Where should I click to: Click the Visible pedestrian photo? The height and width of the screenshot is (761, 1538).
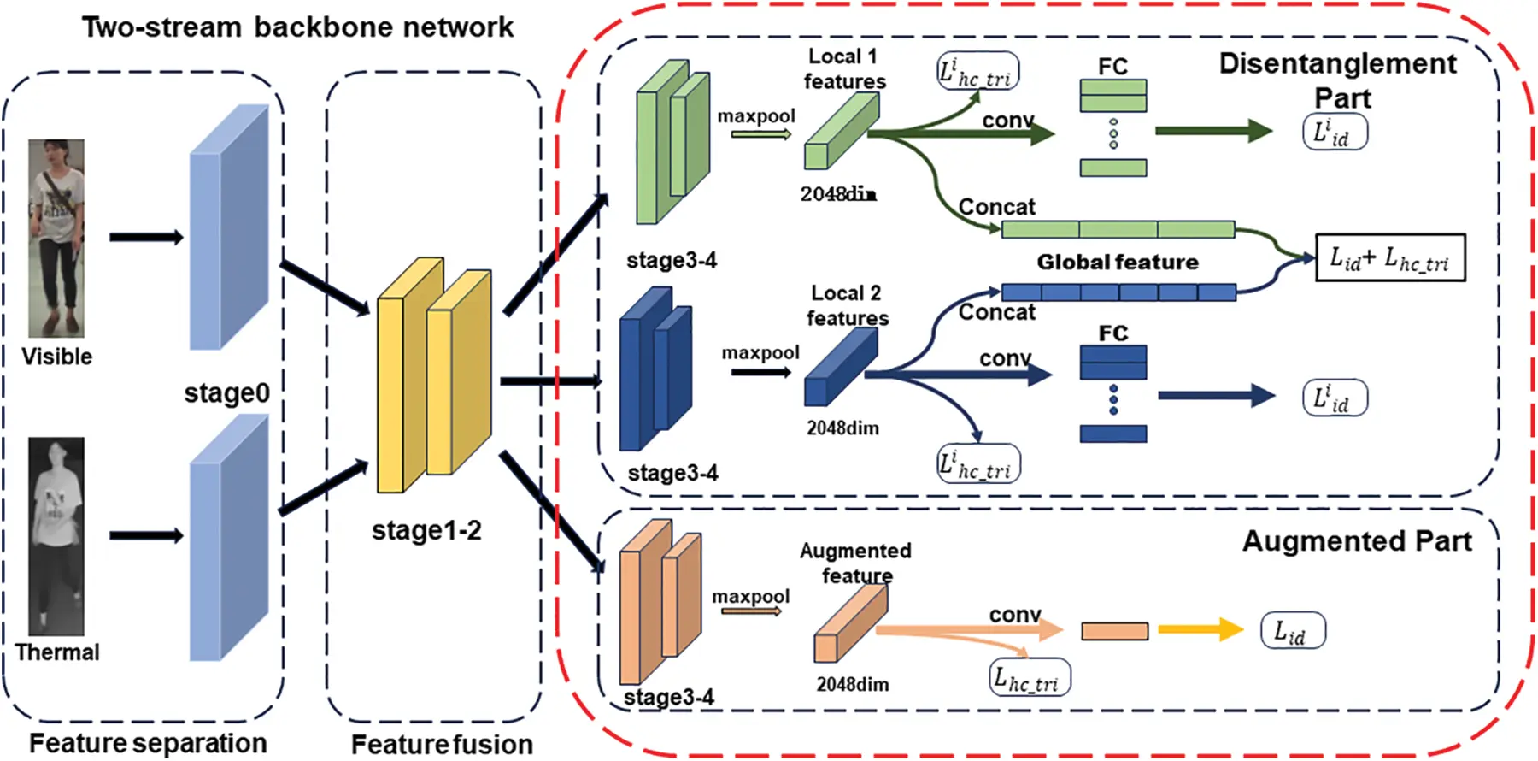(x=56, y=238)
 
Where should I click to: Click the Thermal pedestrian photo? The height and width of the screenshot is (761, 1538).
(x=56, y=536)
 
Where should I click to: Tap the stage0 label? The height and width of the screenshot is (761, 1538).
(x=226, y=393)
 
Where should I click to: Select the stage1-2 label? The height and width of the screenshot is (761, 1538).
(x=426, y=531)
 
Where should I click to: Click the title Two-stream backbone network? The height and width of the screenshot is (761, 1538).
(x=297, y=27)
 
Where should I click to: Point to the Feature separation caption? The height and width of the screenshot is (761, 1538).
(x=148, y=743)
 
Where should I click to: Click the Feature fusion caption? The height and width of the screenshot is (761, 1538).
(x=442, y=744)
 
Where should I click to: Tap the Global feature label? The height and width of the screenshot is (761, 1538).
(x=1118, y=262)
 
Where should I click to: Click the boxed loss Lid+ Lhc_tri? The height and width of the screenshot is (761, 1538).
(x=1390, y=258)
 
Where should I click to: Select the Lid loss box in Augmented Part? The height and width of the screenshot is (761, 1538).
(x=1293, y=631)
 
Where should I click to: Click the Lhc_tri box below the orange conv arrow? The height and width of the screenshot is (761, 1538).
(x=1030, y=677)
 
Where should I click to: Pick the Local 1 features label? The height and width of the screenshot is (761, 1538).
(x=844, y=69)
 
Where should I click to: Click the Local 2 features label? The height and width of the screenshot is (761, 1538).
(x=847, y=306)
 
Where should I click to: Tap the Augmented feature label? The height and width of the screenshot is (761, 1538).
(x=856, y=563)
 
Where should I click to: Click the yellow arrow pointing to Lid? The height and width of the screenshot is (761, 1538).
(x=1200, y=630)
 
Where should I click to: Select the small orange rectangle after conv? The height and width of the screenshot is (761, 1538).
(x=1115, y=632)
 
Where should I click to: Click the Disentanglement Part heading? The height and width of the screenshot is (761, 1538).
(x=1338, y=80)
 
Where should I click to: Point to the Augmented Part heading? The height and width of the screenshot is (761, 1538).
(x=1357, y=541)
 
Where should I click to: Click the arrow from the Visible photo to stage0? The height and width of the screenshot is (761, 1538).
(x=146, y=237)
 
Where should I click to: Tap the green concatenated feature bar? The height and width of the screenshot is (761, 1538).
(x=1118, y=229)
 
